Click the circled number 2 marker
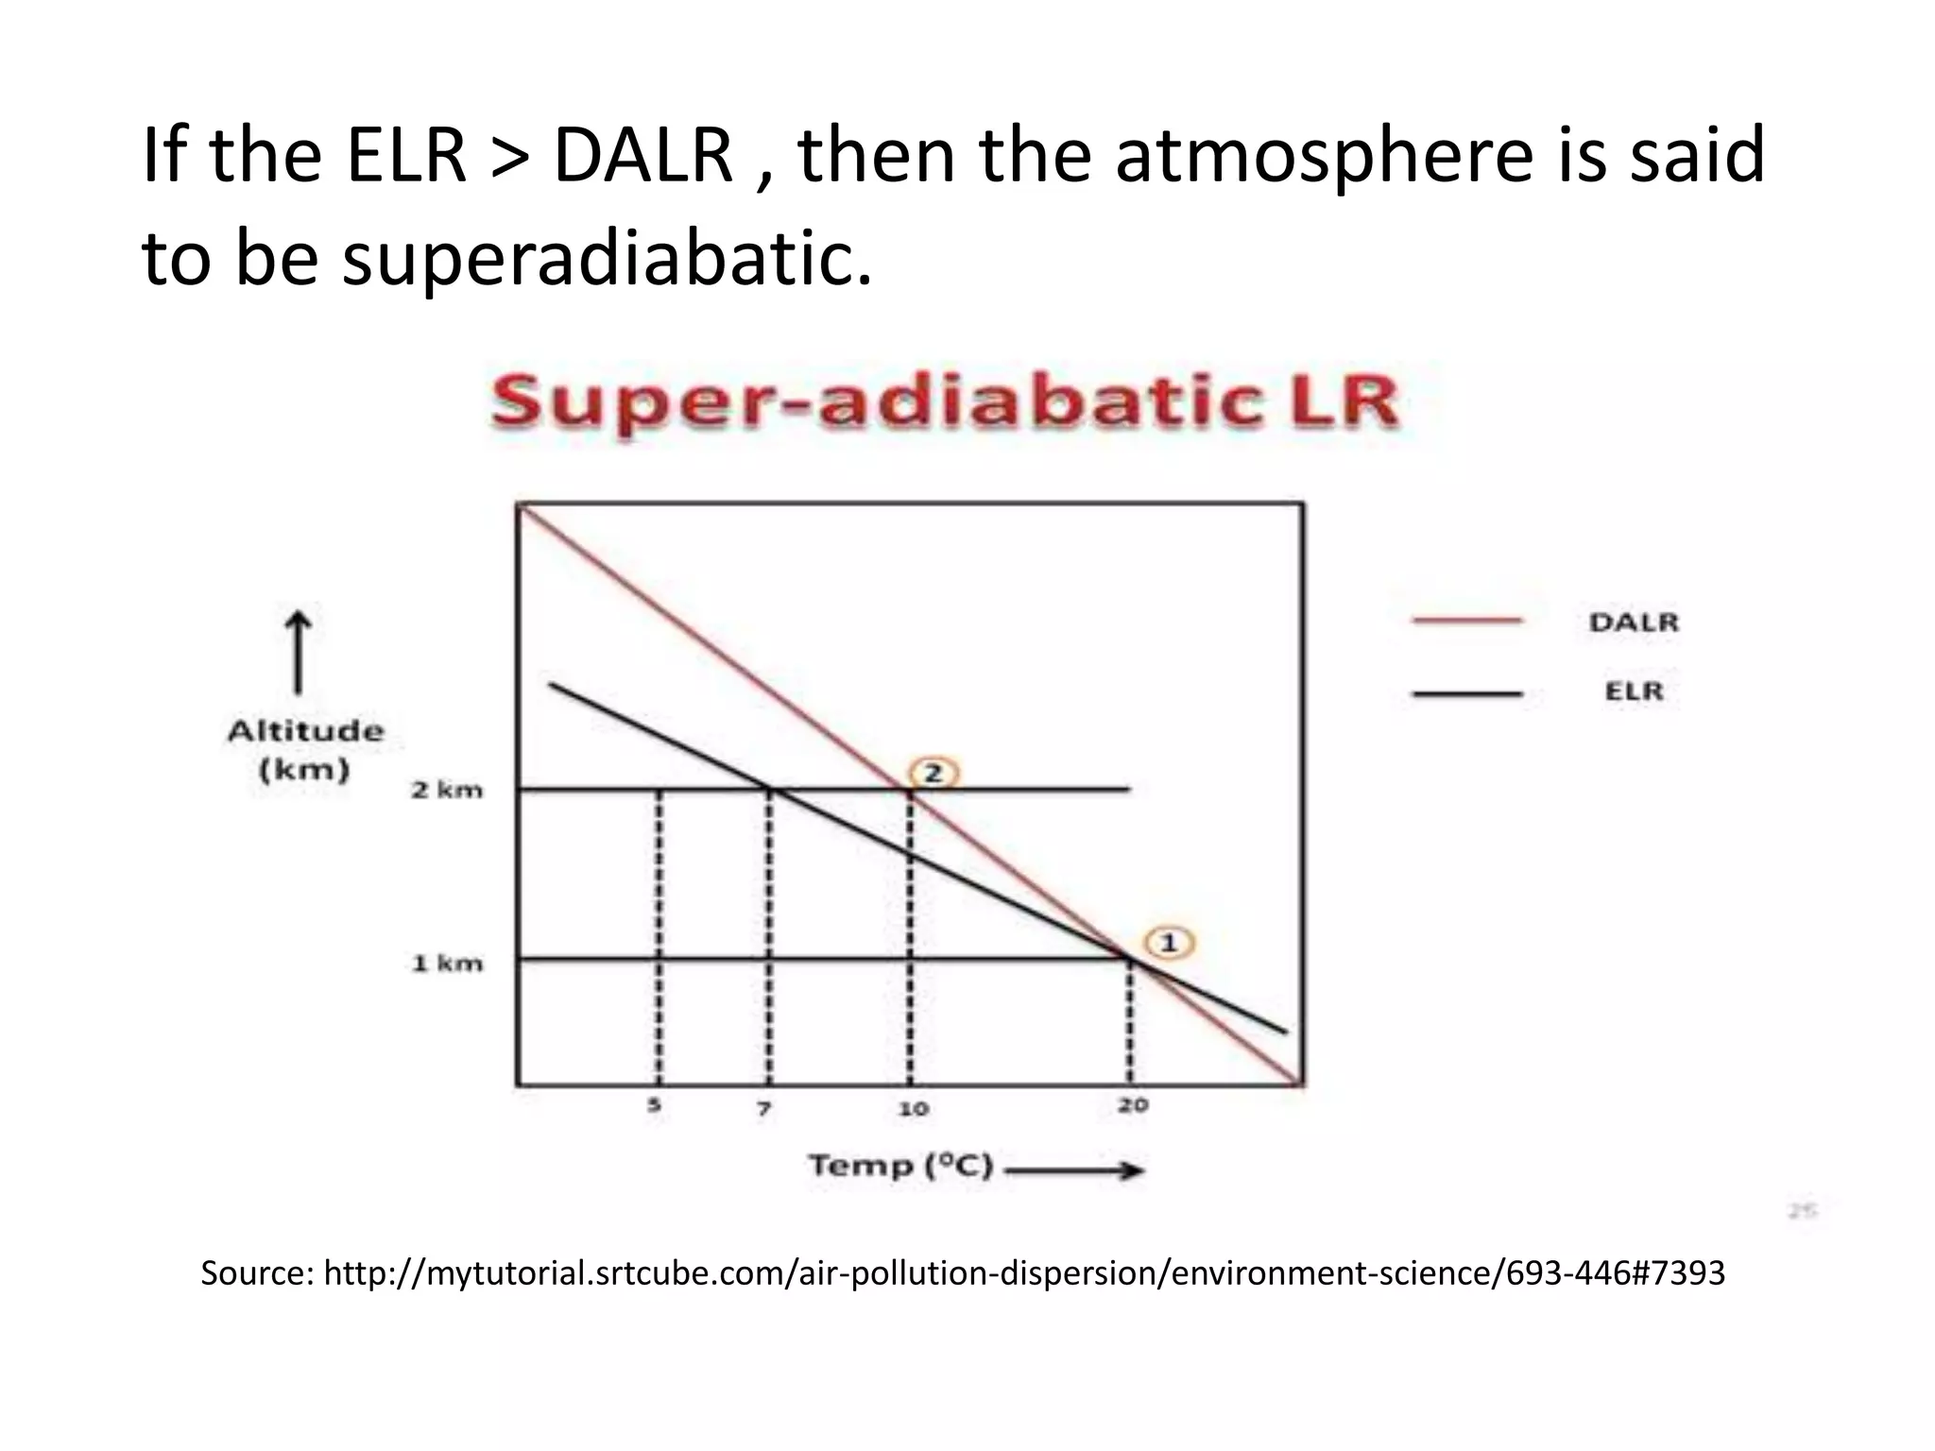point(933,774)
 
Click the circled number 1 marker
point(1169,943)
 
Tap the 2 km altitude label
point(447,790)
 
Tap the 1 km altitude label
point(447,964)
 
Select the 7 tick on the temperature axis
point(764,1108)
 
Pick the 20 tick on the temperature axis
point(1132,1104)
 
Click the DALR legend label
point(1634,623)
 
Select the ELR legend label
point(1634,691)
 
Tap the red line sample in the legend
point(1466,621)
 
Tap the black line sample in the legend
point(1466,693)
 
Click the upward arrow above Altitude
point(299,651)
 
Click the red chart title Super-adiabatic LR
point(944,403)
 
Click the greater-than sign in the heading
point(510,155)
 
